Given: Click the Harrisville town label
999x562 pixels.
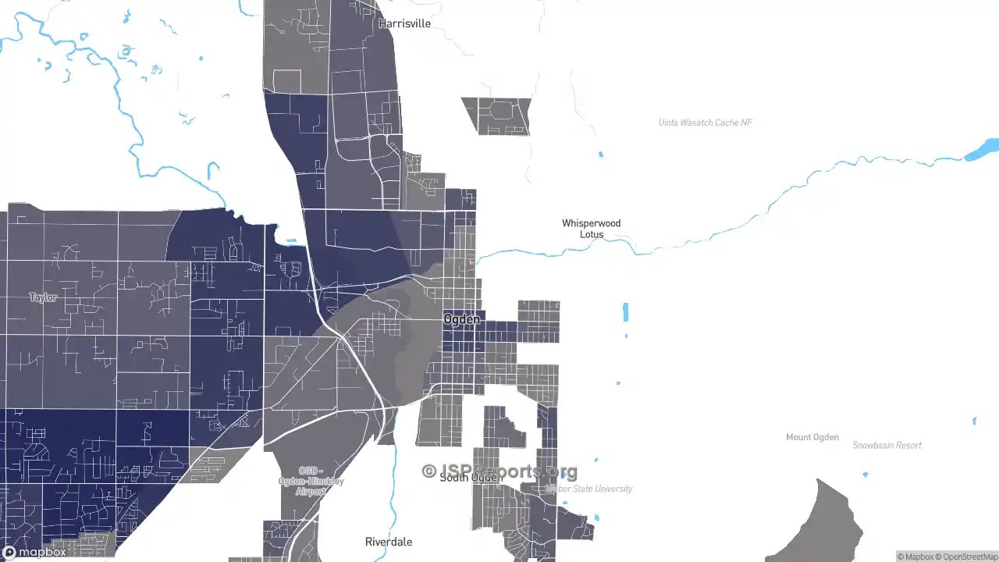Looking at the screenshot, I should coord(404,23).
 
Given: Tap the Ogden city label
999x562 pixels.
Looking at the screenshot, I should coord(462,319).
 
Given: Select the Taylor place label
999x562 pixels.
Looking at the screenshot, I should coord(43,297).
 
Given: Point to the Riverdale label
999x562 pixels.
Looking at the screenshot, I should coord(389,542).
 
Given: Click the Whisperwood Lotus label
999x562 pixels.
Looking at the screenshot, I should coord(592,229).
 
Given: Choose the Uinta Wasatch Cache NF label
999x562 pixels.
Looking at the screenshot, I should coord(706,123).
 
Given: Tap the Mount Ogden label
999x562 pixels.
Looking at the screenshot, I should coord(812,437).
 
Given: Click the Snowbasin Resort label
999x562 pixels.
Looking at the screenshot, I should coord(887,446).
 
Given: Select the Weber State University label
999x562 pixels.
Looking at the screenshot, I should coord(590,489).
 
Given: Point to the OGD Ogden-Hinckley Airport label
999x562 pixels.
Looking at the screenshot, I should coord(311,481).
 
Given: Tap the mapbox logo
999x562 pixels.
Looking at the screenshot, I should coord(34,552).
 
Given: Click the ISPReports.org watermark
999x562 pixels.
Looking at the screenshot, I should coord(499,471).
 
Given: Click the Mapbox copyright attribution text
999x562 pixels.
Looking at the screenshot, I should coord(915,557).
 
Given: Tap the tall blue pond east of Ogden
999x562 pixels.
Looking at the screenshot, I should coord(625,312).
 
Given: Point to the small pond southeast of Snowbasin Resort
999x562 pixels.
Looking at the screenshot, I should coord(974,421).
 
